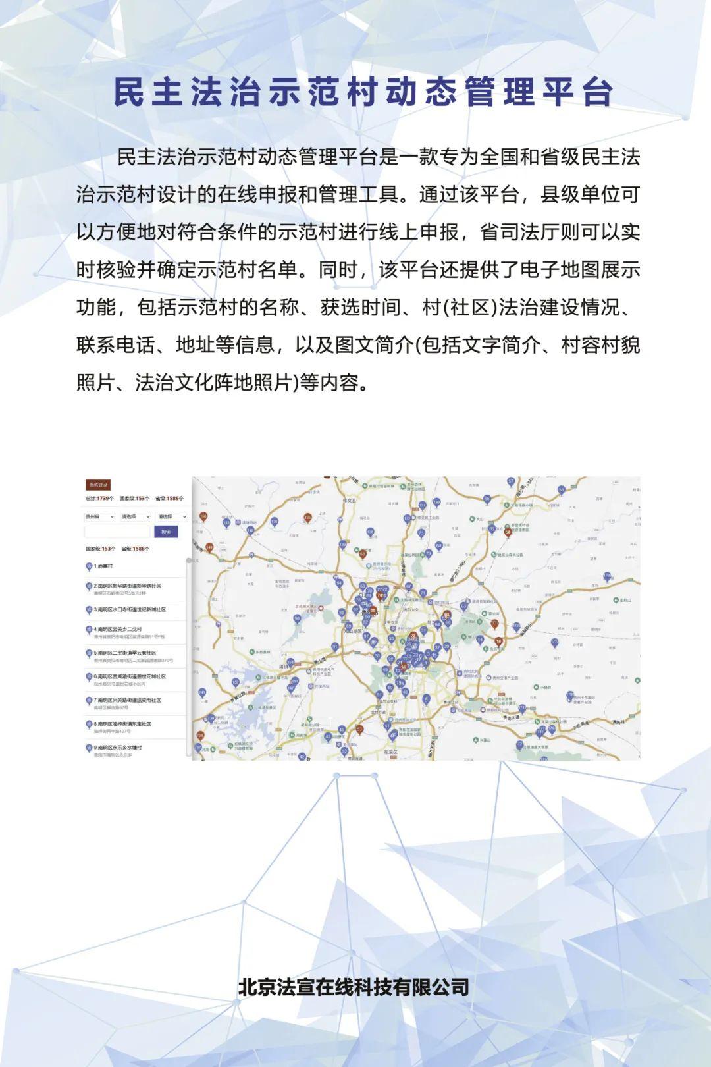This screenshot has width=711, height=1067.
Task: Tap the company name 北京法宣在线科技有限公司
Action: coord(354,987)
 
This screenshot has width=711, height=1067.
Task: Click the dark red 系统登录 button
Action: coord(98,485)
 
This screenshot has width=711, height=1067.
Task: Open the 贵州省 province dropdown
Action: coord(100,516)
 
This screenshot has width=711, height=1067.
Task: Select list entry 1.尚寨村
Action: coord(103,566)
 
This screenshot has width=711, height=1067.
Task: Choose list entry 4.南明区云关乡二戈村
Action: coord(118,630)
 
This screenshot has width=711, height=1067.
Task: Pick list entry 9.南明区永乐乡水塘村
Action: coord(118,748)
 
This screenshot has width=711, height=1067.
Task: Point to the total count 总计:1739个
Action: coord(99,499)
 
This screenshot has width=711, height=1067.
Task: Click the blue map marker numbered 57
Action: coord(511,481)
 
